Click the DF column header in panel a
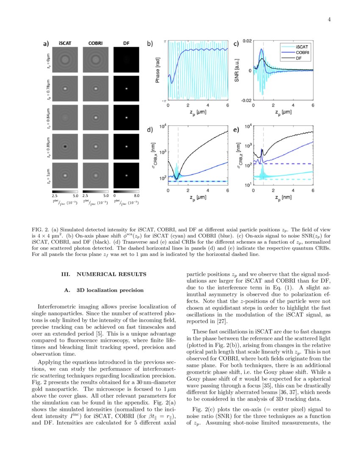click(x=126, y=43)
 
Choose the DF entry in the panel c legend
click(x=302, y=59)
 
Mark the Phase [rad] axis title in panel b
click(x=158, y=70)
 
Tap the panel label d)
click(x=150, y=130)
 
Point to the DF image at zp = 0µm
click(x=126, y=60)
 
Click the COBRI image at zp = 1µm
click(x=96, y=175)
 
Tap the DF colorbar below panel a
click(x=126, y=191)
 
